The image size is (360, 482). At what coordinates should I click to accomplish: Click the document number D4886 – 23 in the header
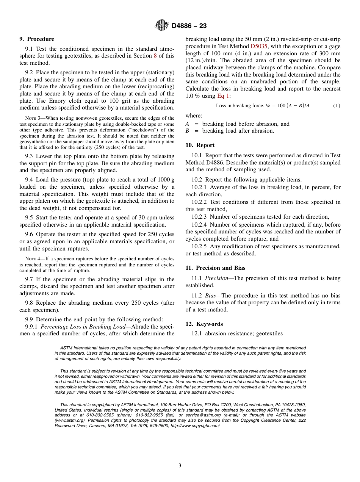(x=189, y=26)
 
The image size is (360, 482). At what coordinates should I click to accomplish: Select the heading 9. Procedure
(x=37, y=39)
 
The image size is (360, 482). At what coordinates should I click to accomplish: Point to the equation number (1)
(x=337, y=106)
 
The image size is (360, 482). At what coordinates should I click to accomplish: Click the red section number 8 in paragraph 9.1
(x=155, y=56)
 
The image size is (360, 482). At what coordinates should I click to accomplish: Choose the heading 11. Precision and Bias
(x=215, y=268)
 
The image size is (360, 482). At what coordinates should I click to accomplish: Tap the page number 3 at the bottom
(x=180, y=465)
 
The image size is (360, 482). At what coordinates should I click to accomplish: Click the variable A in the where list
(x=187, y=124)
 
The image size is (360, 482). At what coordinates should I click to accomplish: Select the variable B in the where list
(x=187, y=131)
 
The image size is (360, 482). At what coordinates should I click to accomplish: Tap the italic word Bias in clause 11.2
(x=211, y=296)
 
